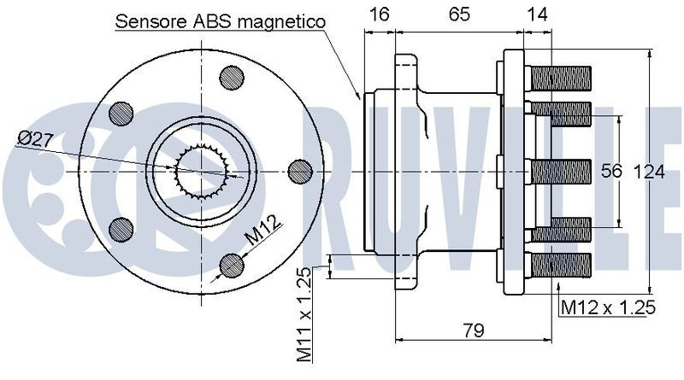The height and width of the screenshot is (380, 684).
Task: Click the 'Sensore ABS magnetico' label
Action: pyautogui.click(x=221, y=21)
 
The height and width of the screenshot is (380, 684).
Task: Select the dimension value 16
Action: pyautogui.click(x=379, y=15)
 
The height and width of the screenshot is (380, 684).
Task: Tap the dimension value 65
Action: pyautogui.click(x=459, y=15)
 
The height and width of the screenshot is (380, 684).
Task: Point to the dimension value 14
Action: pyautogui.click(x=538, y=15)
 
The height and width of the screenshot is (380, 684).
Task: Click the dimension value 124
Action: pyautogui.click(x=649, y=172)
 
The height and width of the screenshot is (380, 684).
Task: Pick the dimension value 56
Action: pyautogui.click(x=611, y=171)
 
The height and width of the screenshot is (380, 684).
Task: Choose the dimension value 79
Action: pyautogui.click(x=474, y=330)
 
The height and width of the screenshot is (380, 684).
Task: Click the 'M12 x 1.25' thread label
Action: pyautogui.click(x=608, y=307)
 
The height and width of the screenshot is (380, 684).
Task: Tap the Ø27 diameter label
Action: pyautogui.click(x=36, y=140)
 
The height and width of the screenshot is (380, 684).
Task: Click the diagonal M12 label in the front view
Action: pyautogui.click(x=263, y=231)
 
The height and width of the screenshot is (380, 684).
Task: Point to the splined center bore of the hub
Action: pyautogui.click(x=201, y=172)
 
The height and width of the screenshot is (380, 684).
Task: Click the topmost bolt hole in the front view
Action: pyautogui.click(x=232, y=79)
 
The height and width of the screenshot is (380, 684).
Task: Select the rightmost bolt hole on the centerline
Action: pyautogui.click(x=300, y=172)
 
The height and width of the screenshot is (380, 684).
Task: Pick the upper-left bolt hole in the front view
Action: pyautogui.click(x=121, y=114)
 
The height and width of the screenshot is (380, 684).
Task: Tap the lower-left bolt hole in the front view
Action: pyautogui.click(x=121, y=229)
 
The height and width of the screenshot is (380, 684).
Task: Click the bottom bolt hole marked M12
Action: pyautogui.click(x=232, y=265)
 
